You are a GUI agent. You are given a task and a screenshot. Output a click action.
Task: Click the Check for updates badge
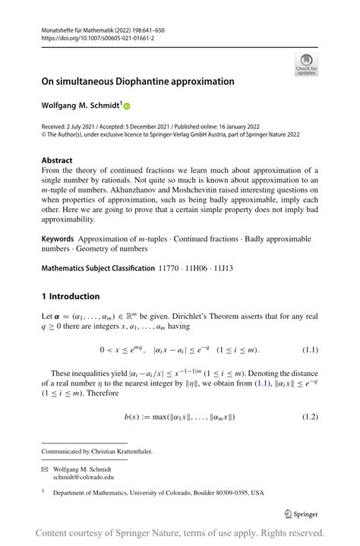point(306,65)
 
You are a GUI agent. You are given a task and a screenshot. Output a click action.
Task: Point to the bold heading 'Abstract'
point(57,160)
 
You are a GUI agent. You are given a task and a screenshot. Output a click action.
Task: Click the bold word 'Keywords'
point(58,239)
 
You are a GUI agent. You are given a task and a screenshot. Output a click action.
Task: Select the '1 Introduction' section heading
point(70,296)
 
